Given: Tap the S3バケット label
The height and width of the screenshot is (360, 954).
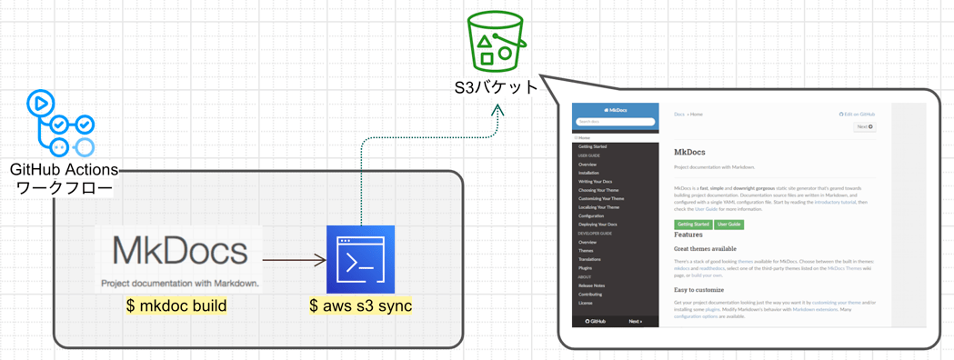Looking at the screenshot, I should (497, 87).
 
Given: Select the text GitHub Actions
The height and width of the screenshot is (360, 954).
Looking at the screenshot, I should (64, 170).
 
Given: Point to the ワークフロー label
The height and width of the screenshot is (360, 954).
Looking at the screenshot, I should (65, 188).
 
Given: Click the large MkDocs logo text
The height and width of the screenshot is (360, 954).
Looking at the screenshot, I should (179, 251).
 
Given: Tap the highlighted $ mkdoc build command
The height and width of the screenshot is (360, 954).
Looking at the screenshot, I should (176, 305).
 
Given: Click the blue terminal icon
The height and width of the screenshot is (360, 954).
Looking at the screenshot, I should (360, 259).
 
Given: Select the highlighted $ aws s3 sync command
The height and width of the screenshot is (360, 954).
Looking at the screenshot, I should (361, 305).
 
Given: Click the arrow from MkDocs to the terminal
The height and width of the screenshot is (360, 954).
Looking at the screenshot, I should (294, 261).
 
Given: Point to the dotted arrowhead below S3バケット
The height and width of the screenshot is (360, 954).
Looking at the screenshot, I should (497, 110).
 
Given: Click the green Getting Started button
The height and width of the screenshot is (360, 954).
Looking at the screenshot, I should (692, 224).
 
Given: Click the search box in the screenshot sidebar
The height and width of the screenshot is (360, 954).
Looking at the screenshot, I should (615, 121).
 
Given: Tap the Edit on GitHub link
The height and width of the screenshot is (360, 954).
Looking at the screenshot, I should (857, 115).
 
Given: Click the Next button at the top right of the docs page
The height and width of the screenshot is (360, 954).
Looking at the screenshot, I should (864, 126).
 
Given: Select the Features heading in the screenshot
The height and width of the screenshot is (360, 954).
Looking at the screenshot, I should (688, 235).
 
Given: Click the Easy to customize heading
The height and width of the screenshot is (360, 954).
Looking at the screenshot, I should (698, 290).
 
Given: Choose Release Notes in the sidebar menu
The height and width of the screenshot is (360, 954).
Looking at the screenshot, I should (591, 285).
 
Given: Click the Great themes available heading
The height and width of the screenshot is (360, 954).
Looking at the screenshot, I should (705, 248).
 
